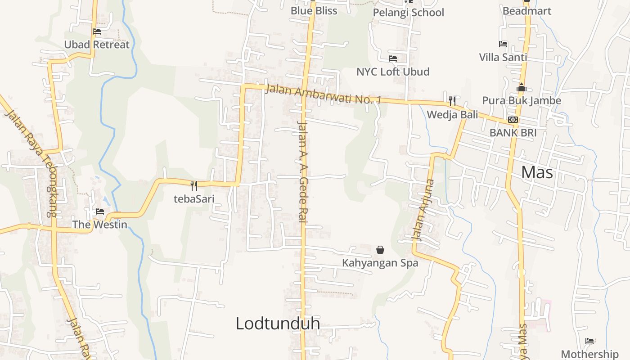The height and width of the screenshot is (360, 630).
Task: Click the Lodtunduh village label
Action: point(278,323)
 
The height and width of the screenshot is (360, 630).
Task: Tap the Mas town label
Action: point(537,172)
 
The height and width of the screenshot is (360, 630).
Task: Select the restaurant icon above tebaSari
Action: point(194,185)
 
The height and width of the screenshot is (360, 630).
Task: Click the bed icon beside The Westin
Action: point(100,211)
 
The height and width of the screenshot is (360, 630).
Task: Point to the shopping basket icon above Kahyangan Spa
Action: point(380,249)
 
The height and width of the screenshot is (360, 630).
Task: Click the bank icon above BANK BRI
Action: point(513,120)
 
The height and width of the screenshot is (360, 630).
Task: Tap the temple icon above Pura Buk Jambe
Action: point(522,87)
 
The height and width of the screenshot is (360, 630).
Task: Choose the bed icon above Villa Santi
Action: point(503,44)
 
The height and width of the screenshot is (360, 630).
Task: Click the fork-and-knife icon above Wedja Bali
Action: point(452,101)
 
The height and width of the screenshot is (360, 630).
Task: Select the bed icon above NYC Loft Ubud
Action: point(393,58)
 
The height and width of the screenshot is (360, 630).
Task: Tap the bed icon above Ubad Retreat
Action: point(97,31)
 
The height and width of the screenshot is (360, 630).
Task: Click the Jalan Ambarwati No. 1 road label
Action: point(323,94)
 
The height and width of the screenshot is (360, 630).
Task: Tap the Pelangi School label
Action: point(408,13)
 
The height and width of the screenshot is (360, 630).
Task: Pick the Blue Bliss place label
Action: point(314,11)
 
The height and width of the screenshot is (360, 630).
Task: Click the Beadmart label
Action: point(526,11)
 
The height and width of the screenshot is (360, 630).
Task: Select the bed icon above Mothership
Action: point(589,341)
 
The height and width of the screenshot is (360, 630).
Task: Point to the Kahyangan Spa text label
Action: point(380,263)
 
